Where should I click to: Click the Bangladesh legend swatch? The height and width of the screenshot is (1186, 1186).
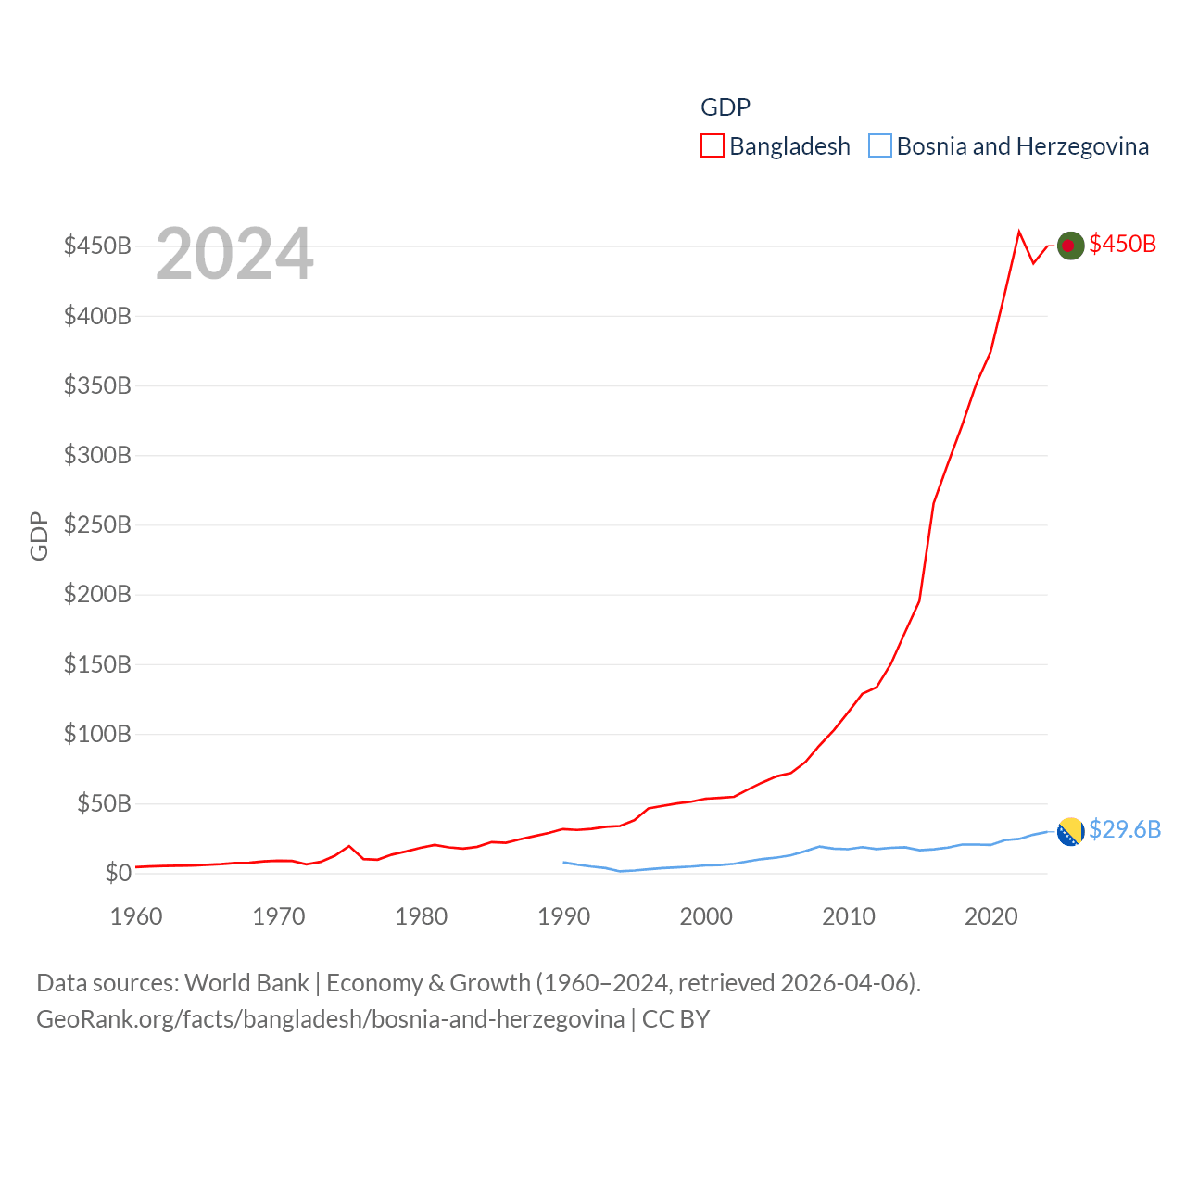tap(712, 146)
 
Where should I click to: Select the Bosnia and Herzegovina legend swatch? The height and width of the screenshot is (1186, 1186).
tap(879, 146)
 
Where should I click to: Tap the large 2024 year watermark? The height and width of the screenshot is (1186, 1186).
tap(234, 254)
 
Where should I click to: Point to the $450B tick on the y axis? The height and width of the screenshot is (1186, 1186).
tap(97, 246)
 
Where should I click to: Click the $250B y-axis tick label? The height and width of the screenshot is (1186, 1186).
tap(97, 525)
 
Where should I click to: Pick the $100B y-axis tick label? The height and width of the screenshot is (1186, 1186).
tap(97, 735)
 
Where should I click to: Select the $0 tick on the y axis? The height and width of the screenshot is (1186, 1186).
tap(118, 873)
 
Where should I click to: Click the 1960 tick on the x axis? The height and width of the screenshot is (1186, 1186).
tap(136, 916)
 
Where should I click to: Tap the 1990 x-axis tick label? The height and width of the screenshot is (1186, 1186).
tap(563, 916)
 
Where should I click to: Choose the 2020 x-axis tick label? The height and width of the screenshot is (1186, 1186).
tap(991, 916)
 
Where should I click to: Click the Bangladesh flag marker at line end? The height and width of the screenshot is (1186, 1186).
tap(1070, 246)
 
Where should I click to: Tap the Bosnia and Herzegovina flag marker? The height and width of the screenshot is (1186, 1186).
tap(1070, 832)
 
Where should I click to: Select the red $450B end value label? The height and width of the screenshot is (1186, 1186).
tap(1123, 244)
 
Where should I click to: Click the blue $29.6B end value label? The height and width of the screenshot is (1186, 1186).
tap(1125, 829)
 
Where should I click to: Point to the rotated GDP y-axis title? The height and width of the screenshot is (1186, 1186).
tap(39, 536)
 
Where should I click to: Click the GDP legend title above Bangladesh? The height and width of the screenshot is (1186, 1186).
tap(725, 107)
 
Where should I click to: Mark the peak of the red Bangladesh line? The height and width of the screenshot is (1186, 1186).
tap(1019, 232)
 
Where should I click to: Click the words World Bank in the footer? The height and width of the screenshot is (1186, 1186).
tap(246, 983)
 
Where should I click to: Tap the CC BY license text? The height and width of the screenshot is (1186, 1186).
tap(676, 1019)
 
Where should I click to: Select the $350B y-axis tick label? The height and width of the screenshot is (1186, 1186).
tap(97, 385)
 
